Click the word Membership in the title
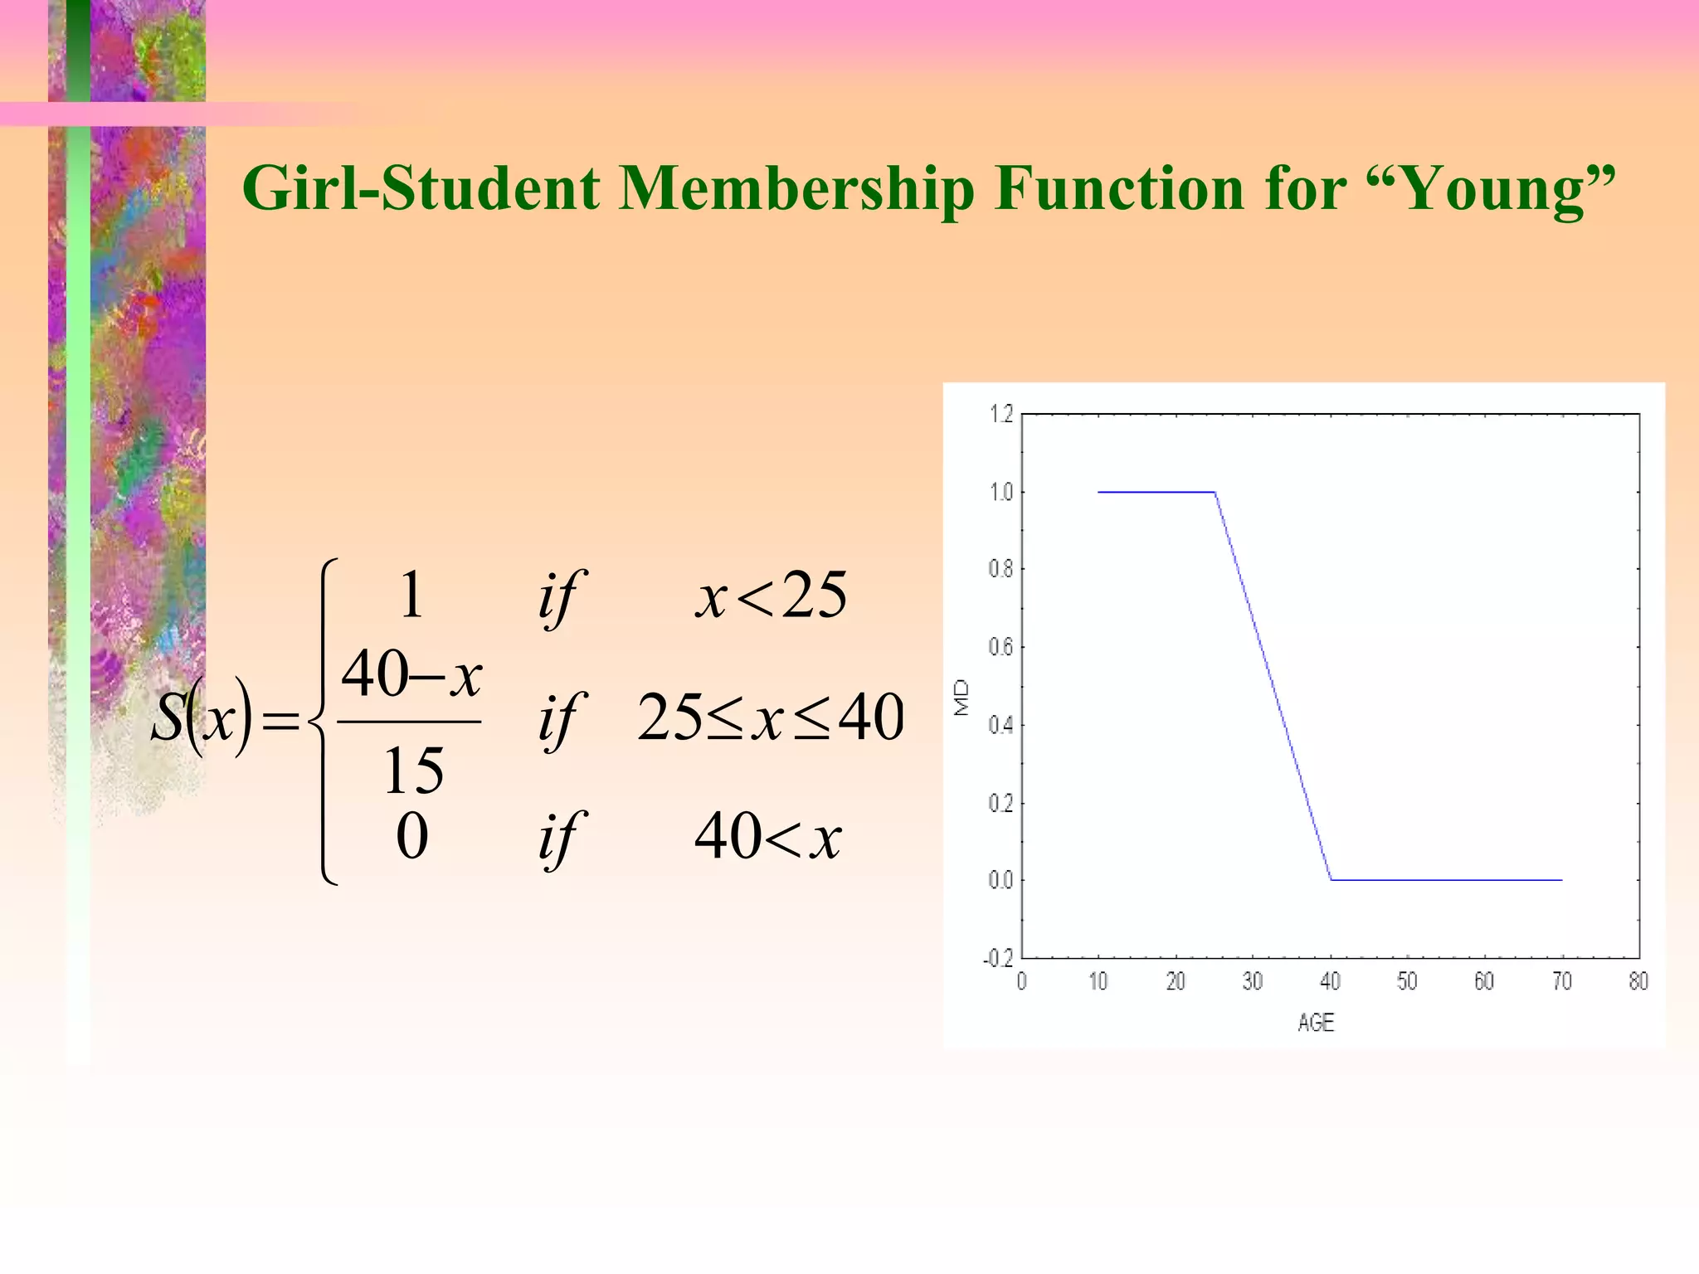pyautogui.click(x=796, y=189)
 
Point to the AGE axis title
pyautogui.click(x=1316, y=1023)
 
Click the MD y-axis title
pyautogui.click(x=961, y=698)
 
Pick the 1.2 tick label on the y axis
pyautogui.click(x=1001, y=414)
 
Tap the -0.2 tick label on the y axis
pyautogui.click(x=998, y=959)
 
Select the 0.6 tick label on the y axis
pyautogui.click(x=1001, y=647)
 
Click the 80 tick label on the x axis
pyautogui.click(x=1638, y=982)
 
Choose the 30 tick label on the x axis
pyautogui.click(x=1253, y=982)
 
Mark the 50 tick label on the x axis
pyautogui.click(x=1407, y=982)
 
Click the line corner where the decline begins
pyautogui.click(x=1215, y=493)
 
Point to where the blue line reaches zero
pyautogui.click(x=1331, y=880)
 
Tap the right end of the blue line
pyautogui.click(x=1561, y=880)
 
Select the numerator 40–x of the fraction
pyautogui.click(x=411, y=675)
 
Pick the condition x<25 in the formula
pyautogui.click(x=772, y=596)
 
